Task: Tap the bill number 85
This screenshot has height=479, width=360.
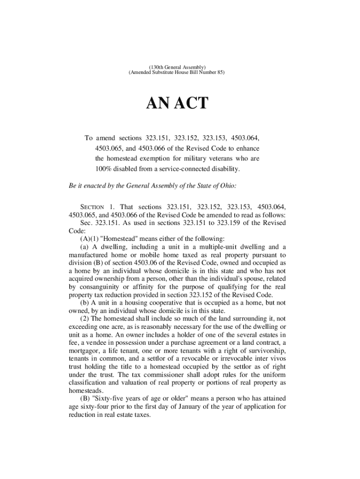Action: coord(220,73)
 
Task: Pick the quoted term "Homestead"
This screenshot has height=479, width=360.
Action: coord(113,239)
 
